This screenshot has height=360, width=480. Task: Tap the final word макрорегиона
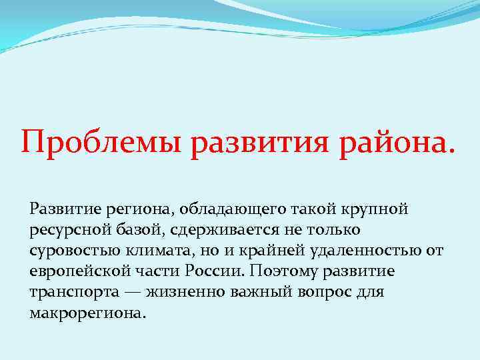point(87,313)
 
